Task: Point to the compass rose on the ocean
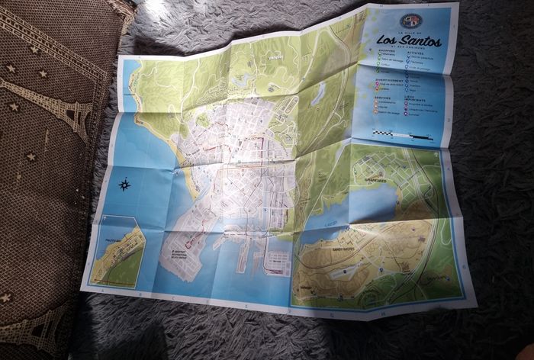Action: (x=125, y=183)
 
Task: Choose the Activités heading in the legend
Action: (x=418, y=53)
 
